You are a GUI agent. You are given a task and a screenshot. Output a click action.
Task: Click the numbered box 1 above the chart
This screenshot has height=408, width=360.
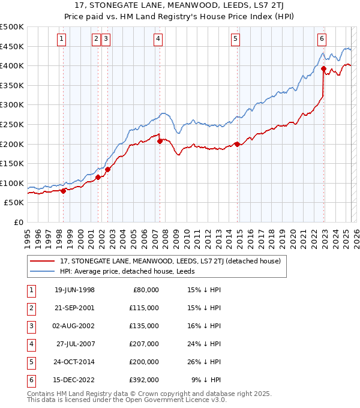(62, 39)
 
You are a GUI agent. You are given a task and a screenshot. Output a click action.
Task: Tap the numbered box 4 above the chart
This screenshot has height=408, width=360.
(158, 39)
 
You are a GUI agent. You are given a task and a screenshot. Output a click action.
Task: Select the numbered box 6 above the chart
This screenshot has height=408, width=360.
(322, 39)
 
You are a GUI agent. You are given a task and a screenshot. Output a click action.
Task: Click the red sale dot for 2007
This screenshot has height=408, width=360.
(160, 142)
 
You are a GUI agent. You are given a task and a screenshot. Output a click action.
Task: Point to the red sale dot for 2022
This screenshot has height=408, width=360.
(323, 69)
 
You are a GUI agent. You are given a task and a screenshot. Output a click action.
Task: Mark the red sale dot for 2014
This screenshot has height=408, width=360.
(237, 144)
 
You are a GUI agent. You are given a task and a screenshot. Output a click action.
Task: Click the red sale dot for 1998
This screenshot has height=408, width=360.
(64, 191)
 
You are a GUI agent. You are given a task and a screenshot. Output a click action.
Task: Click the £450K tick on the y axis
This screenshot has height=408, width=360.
(12, 46)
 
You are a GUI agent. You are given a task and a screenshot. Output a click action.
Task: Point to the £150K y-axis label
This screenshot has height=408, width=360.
(12, 163)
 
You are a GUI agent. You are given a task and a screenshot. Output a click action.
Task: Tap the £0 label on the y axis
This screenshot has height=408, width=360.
(18, 222)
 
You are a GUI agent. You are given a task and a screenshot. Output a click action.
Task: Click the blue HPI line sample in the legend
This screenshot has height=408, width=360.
(43, 271)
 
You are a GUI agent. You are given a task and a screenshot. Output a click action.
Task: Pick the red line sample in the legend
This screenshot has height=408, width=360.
(43, 261)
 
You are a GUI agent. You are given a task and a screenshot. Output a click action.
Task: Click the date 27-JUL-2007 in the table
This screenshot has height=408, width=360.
(75, 344)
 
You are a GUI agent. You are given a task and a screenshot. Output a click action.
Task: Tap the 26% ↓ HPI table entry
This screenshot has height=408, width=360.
(204, 362)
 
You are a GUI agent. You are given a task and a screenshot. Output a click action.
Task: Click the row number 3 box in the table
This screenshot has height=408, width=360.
(30, 326)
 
